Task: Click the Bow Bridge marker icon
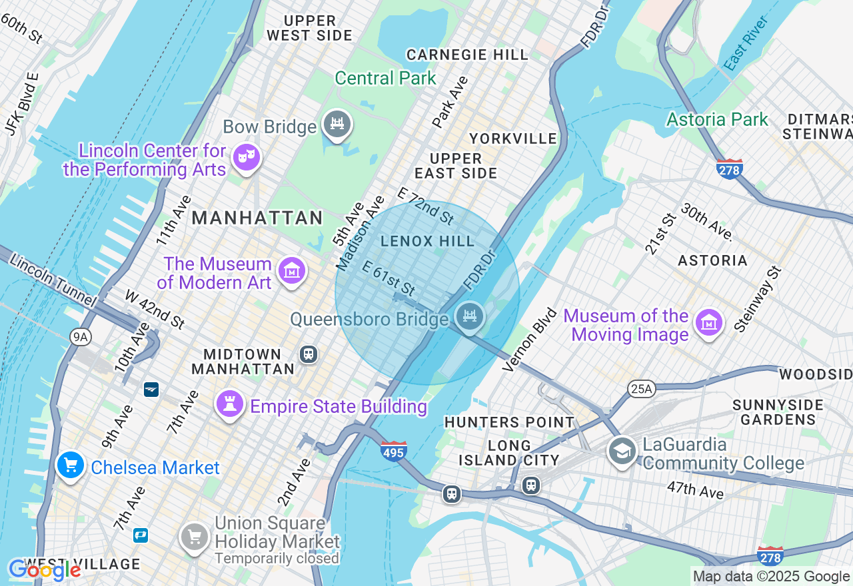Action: pos(337,125)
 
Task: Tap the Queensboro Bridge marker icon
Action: pos(470,316)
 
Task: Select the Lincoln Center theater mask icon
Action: pos(247,158)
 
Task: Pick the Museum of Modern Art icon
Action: pos(291,271)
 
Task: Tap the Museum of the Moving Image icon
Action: pos(709,323)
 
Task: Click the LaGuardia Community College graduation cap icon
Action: pos(622,451)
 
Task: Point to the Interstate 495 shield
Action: pos(394,451)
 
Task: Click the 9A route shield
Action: pos(80,337)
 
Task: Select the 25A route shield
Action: pos(641,388)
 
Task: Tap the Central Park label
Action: pos(385,78)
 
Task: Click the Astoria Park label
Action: pos(717,120)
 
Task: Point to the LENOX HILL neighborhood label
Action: pos(427,241)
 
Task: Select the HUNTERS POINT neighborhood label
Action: pos(509,422)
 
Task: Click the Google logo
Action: pos(44,570)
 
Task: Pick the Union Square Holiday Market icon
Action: pos(195,535)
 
